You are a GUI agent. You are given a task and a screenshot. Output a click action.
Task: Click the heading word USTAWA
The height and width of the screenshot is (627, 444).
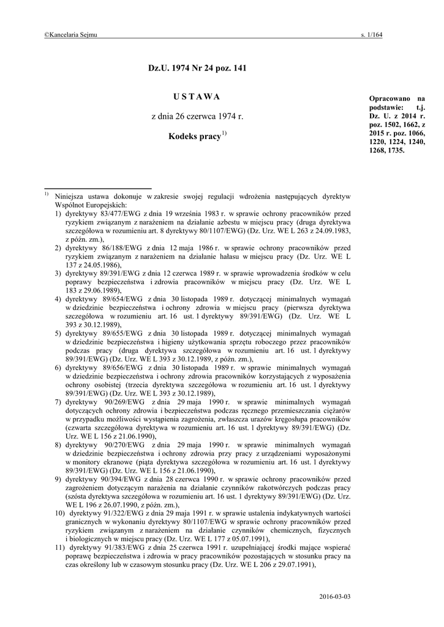pos(197,97)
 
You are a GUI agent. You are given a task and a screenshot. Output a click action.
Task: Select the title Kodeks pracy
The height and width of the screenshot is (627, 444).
pos(194,137)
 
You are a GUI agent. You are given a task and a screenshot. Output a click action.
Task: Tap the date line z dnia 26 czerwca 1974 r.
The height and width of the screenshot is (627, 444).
pos(197,116)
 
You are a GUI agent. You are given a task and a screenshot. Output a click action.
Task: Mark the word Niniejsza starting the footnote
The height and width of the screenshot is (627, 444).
pos(72,196)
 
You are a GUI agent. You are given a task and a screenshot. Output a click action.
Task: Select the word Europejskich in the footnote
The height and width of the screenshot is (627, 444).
pos(106,205)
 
